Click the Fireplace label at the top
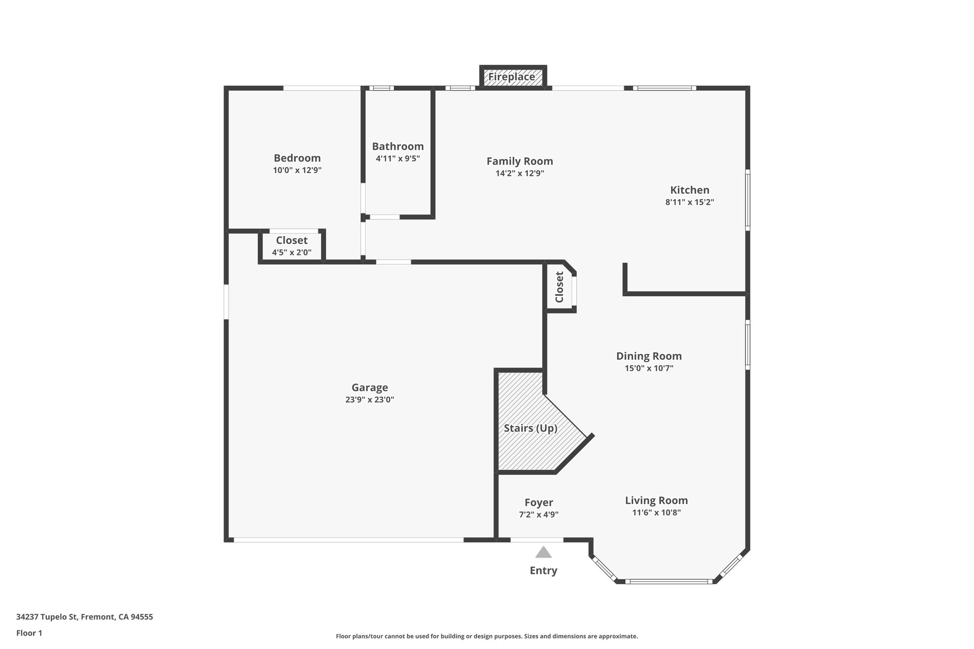click(512, 77)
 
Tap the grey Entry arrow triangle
click(543, 552)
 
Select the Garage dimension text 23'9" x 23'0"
click(370, 400)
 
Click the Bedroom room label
click(297, 158)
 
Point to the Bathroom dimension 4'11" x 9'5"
click(398, 159)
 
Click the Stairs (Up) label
click(530, 428)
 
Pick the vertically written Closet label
click(559, 287)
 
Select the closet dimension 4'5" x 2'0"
click(292, 252)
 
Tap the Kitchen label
click(690, 190)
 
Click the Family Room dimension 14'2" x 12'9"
click(519, 174)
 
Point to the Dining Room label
click(649, 356)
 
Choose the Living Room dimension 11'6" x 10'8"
click(656, 513)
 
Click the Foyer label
click(538, 503)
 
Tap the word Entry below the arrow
click(543, 571)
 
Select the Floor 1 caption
click(29, 633)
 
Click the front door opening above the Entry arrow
click(536, 540)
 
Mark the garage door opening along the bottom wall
click(348, 540)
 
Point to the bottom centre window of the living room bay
click(669, 581)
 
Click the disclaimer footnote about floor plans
click(487, 636)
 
